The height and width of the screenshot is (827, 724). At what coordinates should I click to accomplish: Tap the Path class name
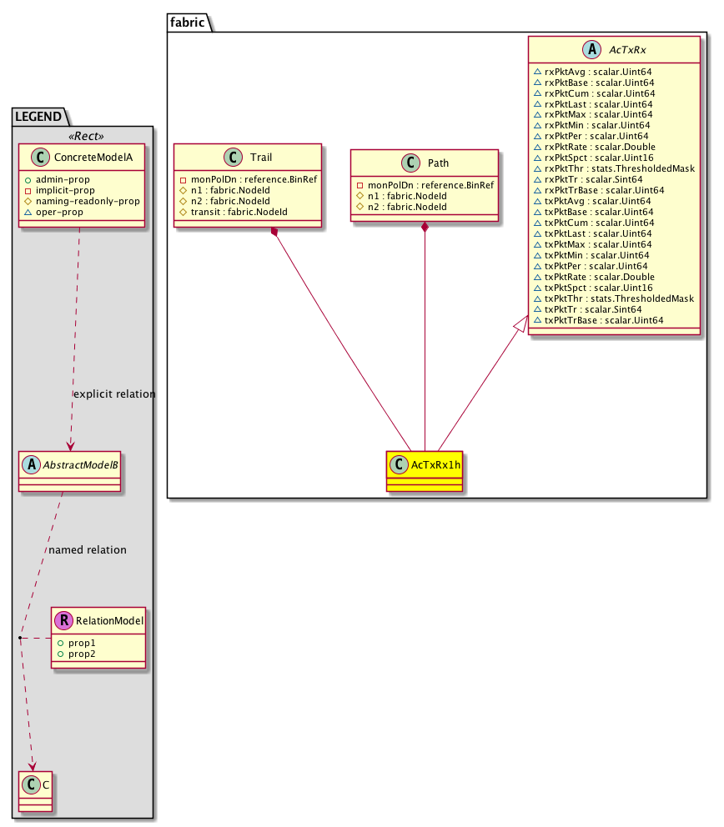(438, 162)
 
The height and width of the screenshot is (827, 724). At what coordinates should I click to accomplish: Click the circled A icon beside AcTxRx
(591, 50)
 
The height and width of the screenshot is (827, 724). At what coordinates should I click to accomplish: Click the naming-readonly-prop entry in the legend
(87, 202)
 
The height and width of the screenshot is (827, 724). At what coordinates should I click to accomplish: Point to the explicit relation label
(114, 393)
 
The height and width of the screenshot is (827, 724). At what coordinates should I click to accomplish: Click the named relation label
(88, 549)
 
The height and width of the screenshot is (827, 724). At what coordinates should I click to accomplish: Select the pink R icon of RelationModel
(63, 620)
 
